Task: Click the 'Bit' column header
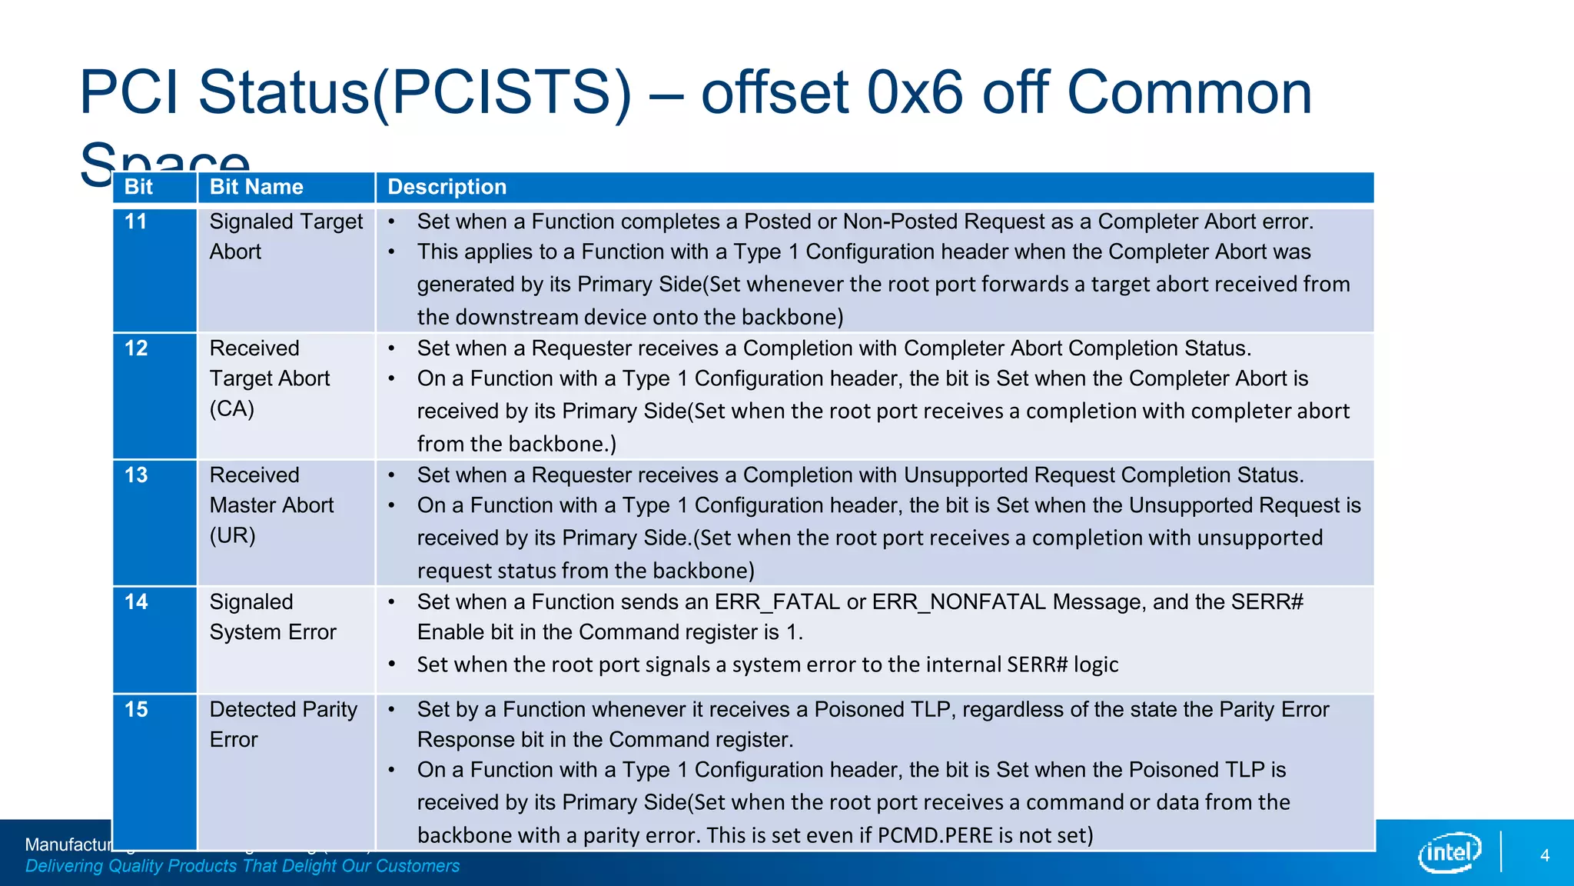pos(138,187)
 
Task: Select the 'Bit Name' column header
pos(256,187)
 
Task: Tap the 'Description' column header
pos(447,187)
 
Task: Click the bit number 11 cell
pos(136,221)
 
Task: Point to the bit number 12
pos(136,348)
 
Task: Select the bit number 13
pos(136,475)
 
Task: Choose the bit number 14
pos(136,602)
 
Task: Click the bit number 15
pos(136,710)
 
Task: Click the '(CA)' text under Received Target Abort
pos(231,408)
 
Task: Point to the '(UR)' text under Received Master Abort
pos(232,535)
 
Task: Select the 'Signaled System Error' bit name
pos(272,617)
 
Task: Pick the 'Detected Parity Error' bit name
pos(283,724)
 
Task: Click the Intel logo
pos(1449,852)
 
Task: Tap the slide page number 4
pos(1545,855)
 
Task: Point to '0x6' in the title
pos(915,92)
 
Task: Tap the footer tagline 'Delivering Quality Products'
pos(242,866)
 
